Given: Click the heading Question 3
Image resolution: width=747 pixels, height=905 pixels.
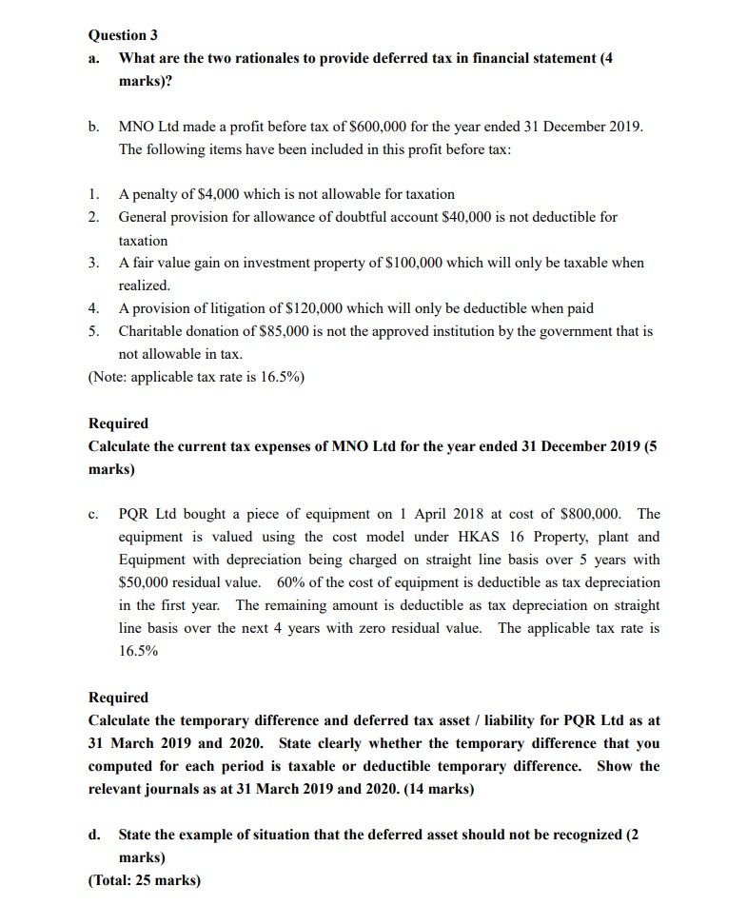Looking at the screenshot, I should [x=123, y=35].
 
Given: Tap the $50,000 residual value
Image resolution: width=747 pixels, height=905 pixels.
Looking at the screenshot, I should [x=146, y=582].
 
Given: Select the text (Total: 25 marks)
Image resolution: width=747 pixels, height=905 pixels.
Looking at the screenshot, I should [x=145, y=880].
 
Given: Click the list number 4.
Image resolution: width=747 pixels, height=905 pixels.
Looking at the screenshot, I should [x=93, y=308].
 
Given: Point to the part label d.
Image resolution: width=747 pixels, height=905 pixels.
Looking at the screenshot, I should [x=94, y=835].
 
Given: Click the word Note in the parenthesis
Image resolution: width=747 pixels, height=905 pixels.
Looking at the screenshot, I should [x=108, y=376].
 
